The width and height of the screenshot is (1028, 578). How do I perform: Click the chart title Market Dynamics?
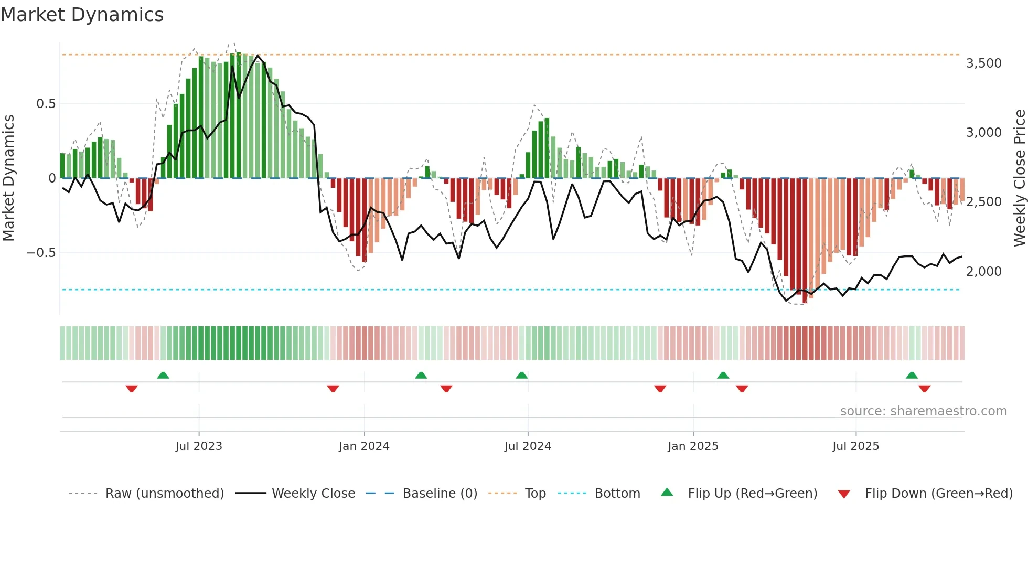pos(82,15)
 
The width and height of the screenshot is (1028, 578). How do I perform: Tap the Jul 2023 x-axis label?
pos(199,446)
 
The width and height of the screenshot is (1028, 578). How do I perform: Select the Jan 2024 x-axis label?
pos(364,446)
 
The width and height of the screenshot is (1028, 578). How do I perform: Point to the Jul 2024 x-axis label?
pos(528,446)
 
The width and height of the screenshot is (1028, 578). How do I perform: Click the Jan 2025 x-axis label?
pos(693,446)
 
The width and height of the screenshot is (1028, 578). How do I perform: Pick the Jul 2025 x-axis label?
pos(855,446)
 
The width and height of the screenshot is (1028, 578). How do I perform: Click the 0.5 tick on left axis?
pos(46,104)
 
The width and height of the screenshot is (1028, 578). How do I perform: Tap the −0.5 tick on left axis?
pos(41,253)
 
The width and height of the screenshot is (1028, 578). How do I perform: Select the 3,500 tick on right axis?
pos(983,63)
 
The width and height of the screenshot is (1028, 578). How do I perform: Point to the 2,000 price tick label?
pos(983,272)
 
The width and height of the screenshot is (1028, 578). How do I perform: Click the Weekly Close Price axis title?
pos(1019,178)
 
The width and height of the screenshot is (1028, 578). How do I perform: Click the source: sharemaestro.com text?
pos(923,411)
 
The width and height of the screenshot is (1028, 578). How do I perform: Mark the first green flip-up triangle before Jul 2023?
pos(163,375)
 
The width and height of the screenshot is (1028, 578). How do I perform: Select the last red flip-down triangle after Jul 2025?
pos(924,389)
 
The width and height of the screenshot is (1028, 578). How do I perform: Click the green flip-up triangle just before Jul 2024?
pos(521,375)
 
